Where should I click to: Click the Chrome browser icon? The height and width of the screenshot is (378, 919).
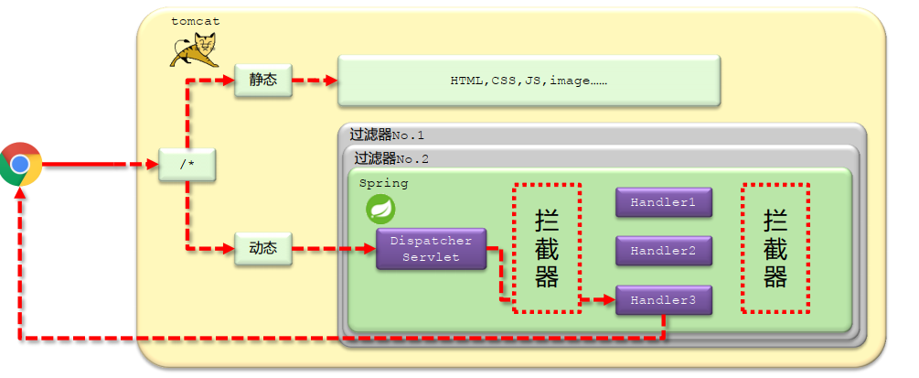pyautogui.click(x=20, y=165)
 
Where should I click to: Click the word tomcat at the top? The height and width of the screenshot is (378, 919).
pyautogui.click(x=195, y=20)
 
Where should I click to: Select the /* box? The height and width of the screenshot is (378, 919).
pyautogui.click(x=187, y=166)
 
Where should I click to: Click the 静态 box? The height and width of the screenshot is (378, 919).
pyautogui.click(x=262, y=80)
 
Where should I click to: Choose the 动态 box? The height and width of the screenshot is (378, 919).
pyautogui.click(x=262, y=248)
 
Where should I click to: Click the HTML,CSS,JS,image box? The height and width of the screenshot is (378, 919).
pyautogui.click(x=529, y=81)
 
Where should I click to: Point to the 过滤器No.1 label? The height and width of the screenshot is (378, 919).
pyautogui.click(x=386, y=135)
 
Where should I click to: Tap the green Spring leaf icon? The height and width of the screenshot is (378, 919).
pyautogui.click(x=380, y=210)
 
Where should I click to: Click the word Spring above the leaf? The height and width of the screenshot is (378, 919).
pyautogui.click(x=383, y=183)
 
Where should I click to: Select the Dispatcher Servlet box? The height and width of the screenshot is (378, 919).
pyautogui.click(x=431, y=249)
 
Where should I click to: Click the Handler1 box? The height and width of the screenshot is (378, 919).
pyautogui.click(x=663, y=202)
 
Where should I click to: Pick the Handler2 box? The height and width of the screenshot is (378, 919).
pyautogui.click(x=663, y=251)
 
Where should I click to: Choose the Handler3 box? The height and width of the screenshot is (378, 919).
pyautogui.click(x=663, y=300)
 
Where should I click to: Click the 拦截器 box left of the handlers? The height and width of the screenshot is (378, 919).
pyautogui.click(x=547, y=248)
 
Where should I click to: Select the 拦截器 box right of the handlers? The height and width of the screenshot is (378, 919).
pyautogui.click(x=775, y=248)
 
